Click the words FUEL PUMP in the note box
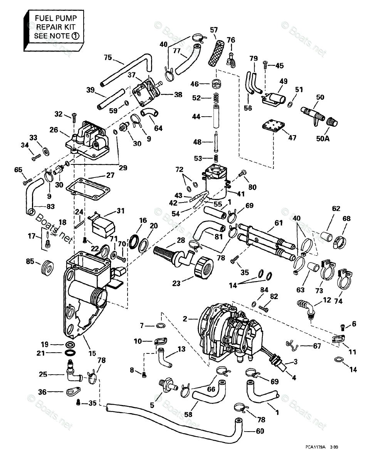55,18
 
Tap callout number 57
214,30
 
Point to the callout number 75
108,58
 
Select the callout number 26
54,130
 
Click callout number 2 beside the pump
185,319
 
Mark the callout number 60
260,431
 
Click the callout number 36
42,392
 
